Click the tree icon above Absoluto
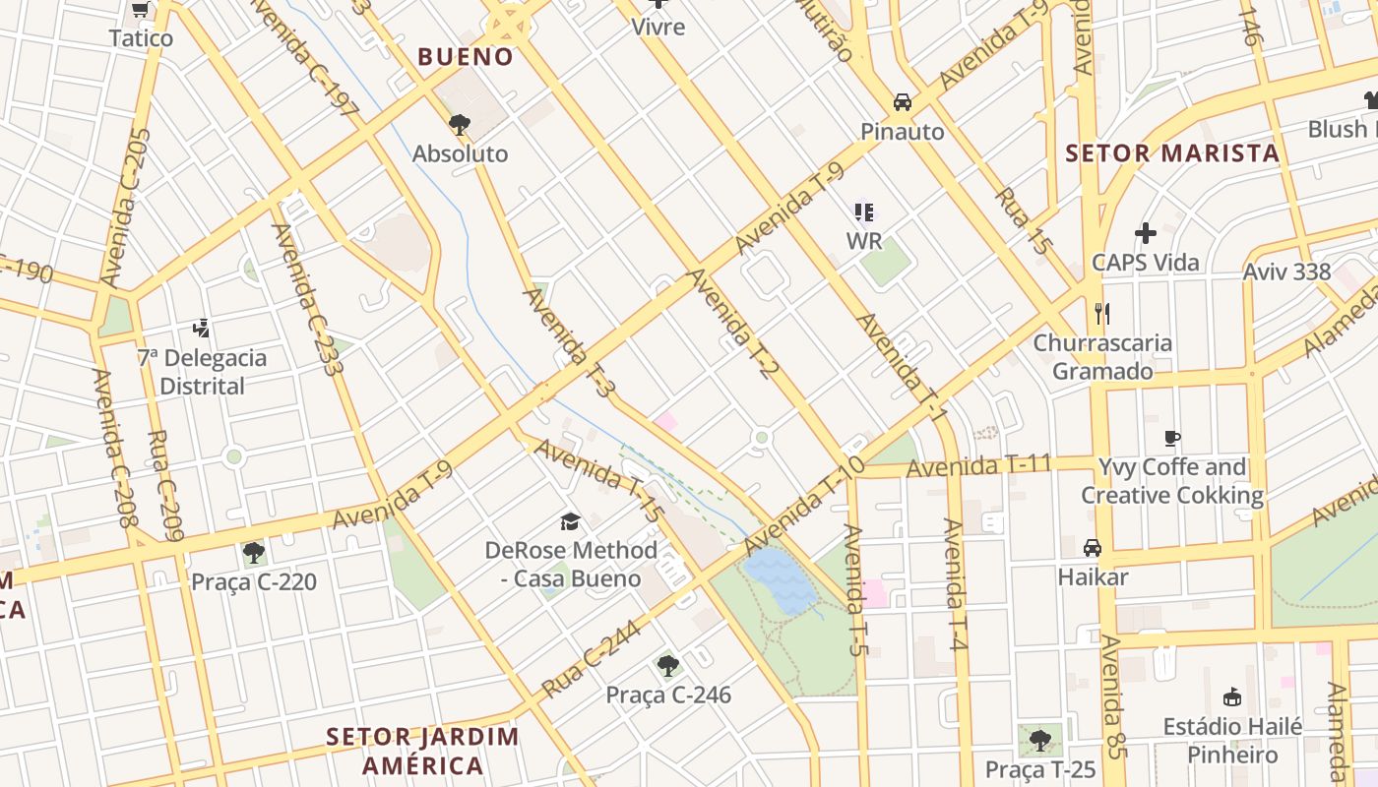459,124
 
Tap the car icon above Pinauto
902,102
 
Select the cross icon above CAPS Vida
1145,233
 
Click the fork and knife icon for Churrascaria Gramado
1102,314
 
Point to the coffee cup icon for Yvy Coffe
1171,438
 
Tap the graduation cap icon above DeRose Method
570,520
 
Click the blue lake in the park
780,580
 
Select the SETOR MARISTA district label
1172,153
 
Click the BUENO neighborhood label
466,57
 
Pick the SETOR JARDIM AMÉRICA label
422,751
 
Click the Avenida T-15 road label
598,479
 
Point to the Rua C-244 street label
591,658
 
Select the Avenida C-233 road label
308,299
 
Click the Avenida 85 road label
1112,696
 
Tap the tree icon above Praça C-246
668,666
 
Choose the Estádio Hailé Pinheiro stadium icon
1231,696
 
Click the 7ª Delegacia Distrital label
202,372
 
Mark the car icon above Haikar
1093,547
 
